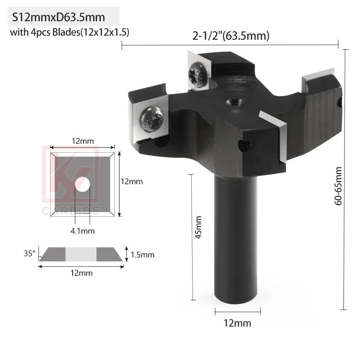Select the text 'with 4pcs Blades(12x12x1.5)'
tap(69, 33)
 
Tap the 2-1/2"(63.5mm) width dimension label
tap(230, 36)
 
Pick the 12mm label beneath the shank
tap(237, 323)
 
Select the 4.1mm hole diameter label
tap(82, 231)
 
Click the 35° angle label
tap(29, 253)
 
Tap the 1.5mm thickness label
tap(142, 255)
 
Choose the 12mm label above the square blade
tap(82, 141)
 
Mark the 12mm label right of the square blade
tap(131, 181)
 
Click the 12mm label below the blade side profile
tap(81, 273)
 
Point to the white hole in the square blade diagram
tap(82, 184)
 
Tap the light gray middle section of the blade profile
tap(81, 254)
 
